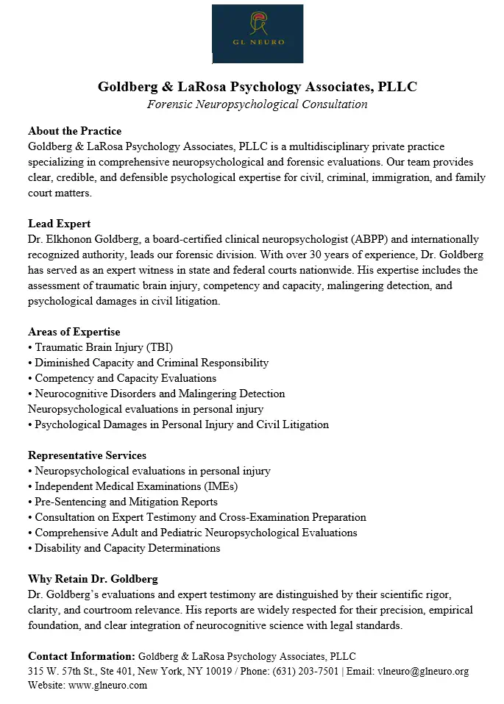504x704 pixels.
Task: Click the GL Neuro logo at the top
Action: point(258,33)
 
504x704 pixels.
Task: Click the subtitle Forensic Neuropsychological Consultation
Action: point(257,104)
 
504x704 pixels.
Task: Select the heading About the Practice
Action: point(74,131)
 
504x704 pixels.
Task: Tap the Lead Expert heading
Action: point(59,224)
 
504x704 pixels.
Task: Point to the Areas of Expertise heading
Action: point(74,332)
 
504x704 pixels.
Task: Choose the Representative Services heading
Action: point(87,455)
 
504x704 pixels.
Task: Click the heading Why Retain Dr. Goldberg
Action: point(93,579)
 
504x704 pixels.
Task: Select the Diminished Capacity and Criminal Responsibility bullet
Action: point(148,363)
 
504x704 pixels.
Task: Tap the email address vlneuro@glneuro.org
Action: point(422,672)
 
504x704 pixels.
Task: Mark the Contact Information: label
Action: point(81,656)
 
